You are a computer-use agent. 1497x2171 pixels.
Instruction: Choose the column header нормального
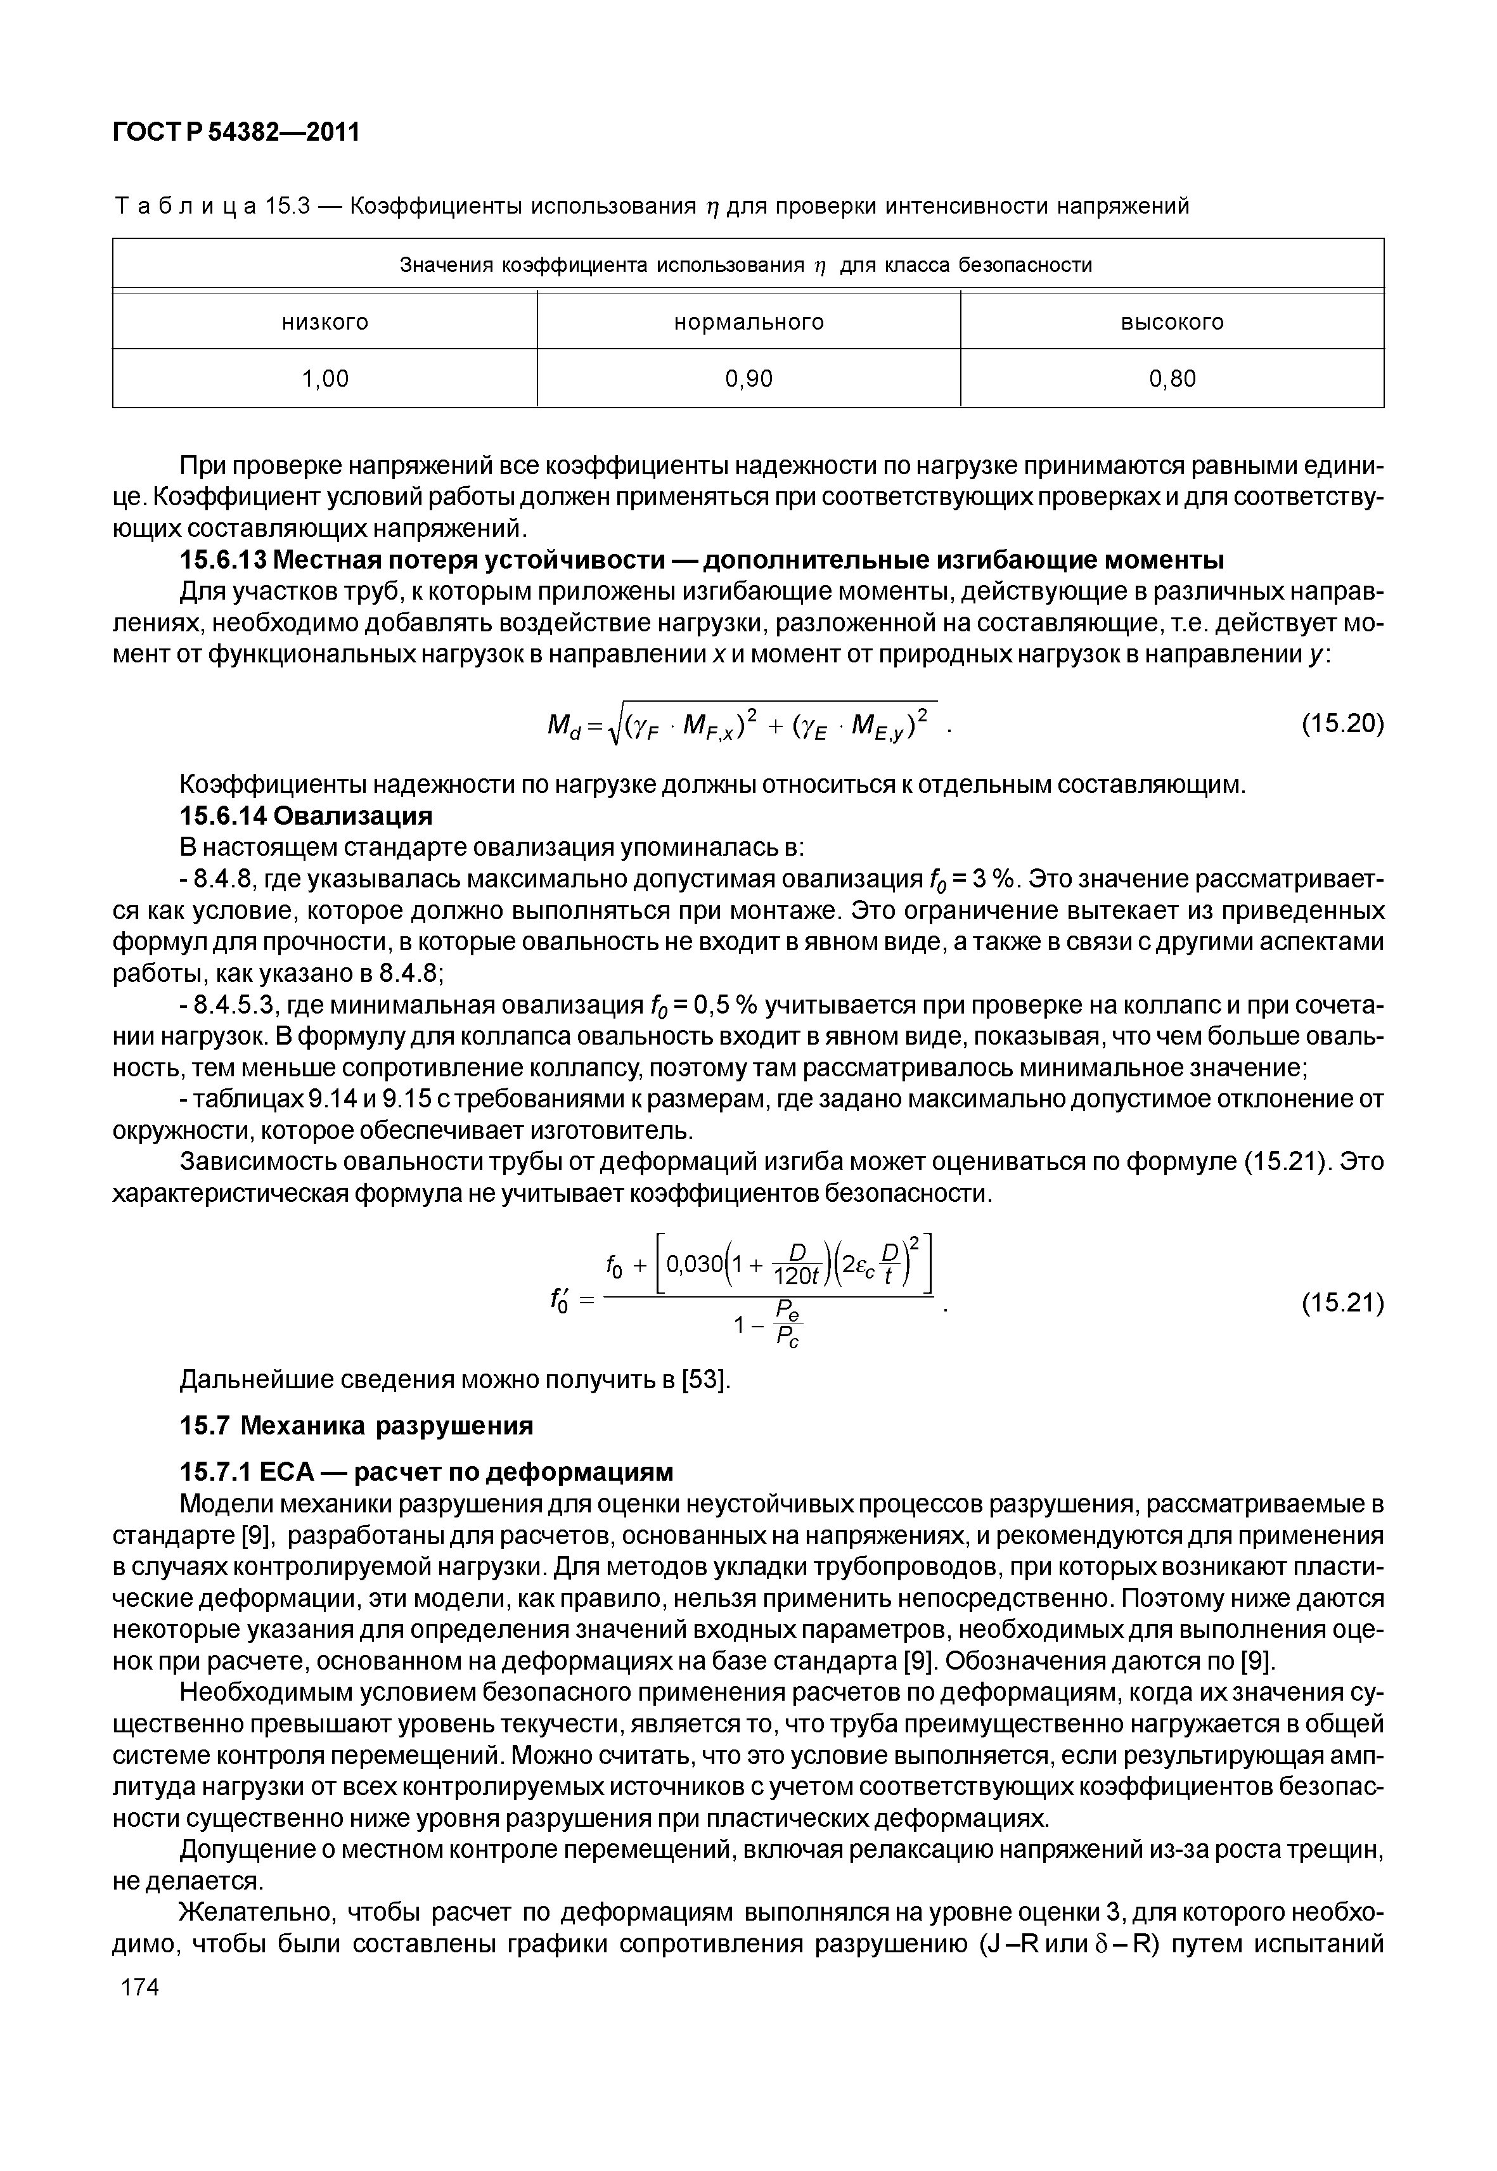click(748, 323)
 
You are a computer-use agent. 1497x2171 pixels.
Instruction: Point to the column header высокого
click(1173, 323)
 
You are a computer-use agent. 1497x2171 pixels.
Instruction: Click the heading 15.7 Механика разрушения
click(356, 1426)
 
